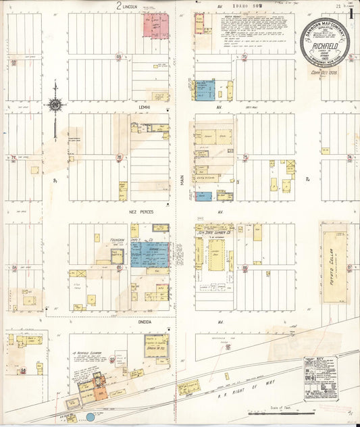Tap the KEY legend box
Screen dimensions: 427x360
click(320, 378)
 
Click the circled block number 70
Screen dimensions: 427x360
click(245, 57)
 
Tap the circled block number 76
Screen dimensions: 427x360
click(119, 158)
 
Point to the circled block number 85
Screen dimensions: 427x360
click(119, 268)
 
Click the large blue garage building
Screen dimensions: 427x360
click(150, 254)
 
